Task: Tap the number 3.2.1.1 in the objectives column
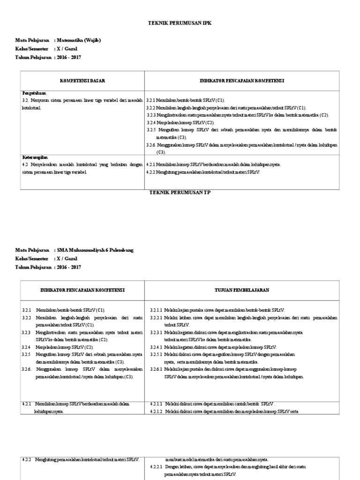(x=156, y=310)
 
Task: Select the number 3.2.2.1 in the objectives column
(x=156, y=317)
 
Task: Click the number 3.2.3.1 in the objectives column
(x=156, y=332)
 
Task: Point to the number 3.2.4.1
(x=156, y=347)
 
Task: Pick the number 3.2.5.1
(x=156, y=355)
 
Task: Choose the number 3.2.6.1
(x=156, y=369)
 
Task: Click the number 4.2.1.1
(x=156, y=404)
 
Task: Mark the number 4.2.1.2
(x=156, y=412)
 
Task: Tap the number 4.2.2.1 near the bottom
(x=156, y=467)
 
